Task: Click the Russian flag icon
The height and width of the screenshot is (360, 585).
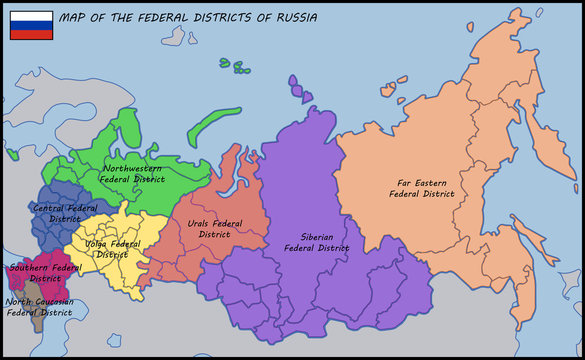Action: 31,25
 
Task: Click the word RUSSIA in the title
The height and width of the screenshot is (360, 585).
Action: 295,18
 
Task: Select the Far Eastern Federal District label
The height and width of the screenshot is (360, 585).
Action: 427,188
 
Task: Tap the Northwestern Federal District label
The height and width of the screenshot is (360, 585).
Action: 134,173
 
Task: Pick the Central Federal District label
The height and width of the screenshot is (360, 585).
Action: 65,212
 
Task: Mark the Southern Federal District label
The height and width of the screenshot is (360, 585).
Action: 45,272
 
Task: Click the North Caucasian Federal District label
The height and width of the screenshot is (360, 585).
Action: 39,306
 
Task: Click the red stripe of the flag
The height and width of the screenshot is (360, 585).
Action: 31,34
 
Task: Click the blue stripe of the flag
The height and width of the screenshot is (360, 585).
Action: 31,25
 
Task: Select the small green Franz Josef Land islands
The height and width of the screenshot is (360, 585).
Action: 236,67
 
